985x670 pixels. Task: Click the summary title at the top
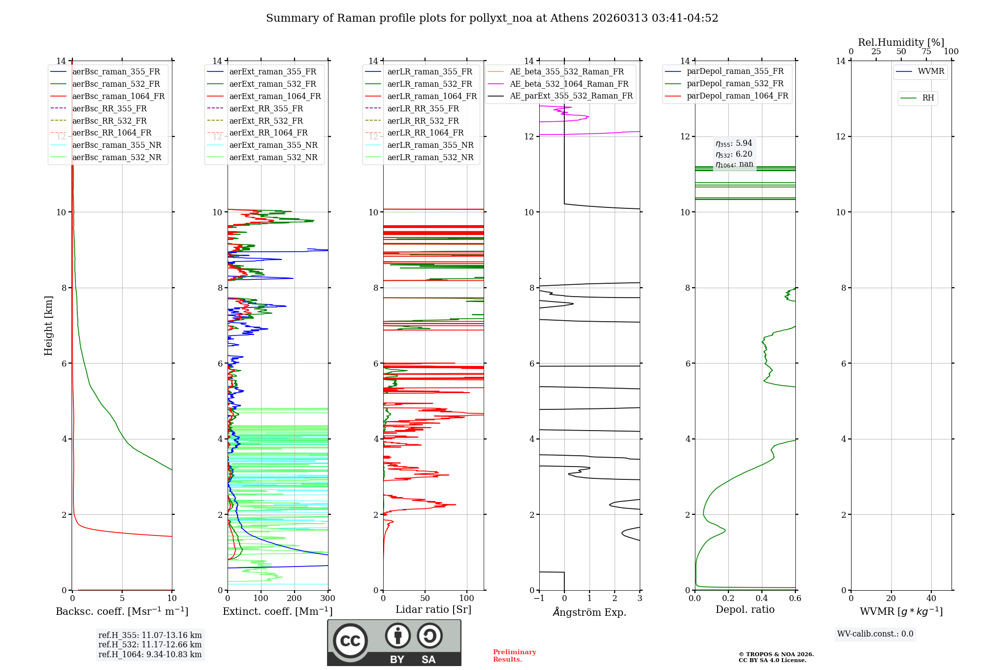pos(492,18)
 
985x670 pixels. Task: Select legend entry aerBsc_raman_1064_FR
pos(118,96)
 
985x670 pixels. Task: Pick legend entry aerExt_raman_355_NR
pos(273,145)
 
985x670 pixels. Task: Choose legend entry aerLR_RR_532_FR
pos(423,121)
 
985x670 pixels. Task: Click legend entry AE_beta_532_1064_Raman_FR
pos(569,84)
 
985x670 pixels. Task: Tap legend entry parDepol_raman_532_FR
pos(735,84)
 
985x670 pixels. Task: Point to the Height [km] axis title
pos(48,326)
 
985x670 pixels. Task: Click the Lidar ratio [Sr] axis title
pos(433,609)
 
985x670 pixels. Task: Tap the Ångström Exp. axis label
pos(590,612)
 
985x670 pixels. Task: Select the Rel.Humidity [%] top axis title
pos(901,42)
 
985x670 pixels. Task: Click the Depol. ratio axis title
pos(745,609)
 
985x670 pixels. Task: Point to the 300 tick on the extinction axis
pos(328,599)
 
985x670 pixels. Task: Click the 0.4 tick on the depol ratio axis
pos(762,599)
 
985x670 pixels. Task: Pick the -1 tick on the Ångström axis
pos(539,599)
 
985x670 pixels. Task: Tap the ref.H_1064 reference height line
pos(150,655)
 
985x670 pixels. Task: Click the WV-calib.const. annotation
pos(875,634)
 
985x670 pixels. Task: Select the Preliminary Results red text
pos(514,656)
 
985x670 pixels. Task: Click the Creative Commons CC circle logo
pos(350,641)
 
